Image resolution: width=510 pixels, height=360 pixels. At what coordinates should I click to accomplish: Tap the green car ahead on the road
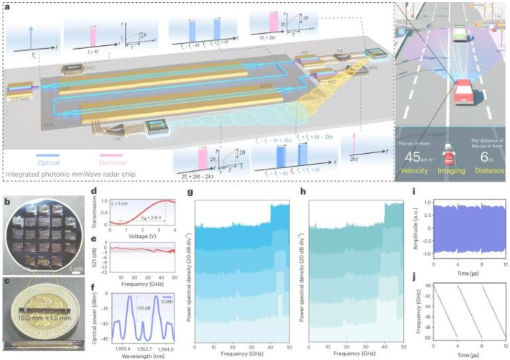(x=458, y=32)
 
